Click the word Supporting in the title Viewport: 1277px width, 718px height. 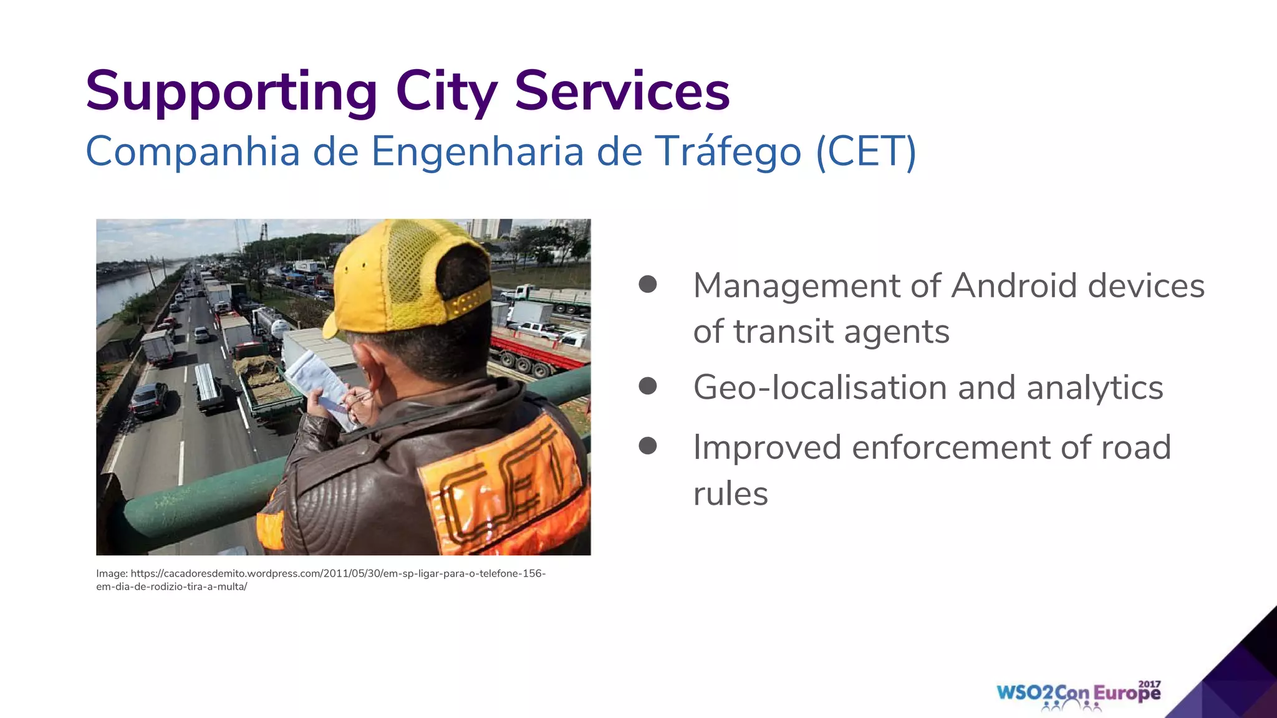click(231, 92)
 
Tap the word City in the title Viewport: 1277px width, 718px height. click(446, 92)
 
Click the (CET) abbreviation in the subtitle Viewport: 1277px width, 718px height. click(866, 151)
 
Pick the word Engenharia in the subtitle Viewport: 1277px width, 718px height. click(478, 151)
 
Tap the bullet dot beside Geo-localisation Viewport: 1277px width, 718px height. click(648, 386)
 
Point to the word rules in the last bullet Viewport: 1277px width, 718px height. click(730, 494)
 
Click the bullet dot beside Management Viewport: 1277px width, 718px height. click(648, 285)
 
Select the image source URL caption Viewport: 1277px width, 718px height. click(320, 580)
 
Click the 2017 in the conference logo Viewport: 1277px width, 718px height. click(1149, 684)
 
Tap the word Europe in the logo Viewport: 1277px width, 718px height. click(1127, 694)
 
